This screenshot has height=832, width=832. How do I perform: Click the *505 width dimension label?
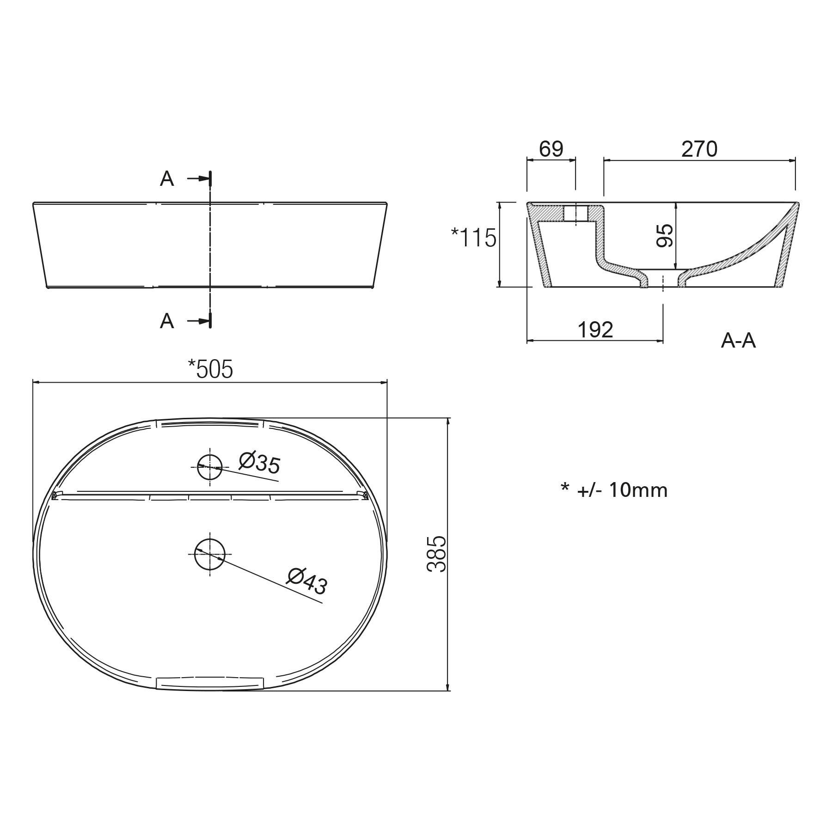pyautogui.click(x=210, y=369)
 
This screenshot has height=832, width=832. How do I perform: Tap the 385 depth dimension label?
pyautogui.click(x=436, y=554)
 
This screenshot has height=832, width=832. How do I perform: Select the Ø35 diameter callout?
pyautogui.click(x=260, y=463)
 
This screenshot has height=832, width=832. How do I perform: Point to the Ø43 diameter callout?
pyautogui.click(x=307, y=581)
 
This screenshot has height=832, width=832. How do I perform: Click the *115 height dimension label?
pyautogui.click(x=474, y=238)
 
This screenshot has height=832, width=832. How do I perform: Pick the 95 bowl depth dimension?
pyautogui.click(x=665, y=236)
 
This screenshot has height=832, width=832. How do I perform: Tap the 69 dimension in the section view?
pyautogui.click(x=551, y=149)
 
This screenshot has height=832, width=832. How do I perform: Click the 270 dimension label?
pyautogui.click(x=699, y=149)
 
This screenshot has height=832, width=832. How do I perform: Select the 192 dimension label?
pyautogui.click(x=595, y=330)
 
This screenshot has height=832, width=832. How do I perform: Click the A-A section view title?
pyautogui.click(x=738, y=341)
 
